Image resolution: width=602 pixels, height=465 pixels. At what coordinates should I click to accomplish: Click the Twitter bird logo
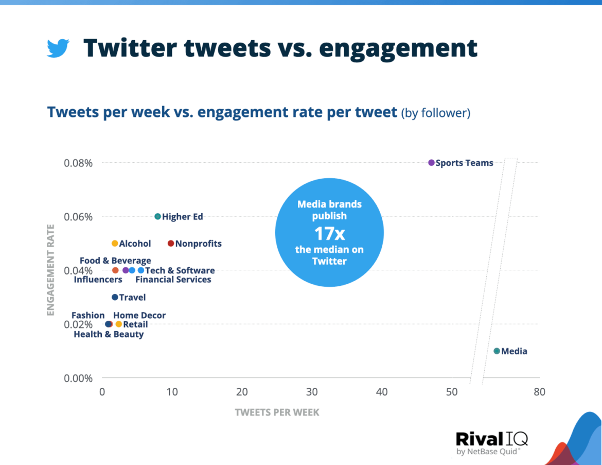[58, 48]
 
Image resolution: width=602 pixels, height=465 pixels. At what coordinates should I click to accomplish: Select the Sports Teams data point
[431, 163]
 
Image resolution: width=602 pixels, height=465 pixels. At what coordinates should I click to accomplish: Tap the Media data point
[497, 351]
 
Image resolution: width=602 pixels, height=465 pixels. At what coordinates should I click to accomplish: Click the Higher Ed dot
[157, 216]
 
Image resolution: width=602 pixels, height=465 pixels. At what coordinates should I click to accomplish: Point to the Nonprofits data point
[171, 244]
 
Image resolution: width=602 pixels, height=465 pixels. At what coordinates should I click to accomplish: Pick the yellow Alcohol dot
[115, 244]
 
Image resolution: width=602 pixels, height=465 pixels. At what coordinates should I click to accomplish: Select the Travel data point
[115, 297]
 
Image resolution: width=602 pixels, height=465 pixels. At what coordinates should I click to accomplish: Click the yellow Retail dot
[119, 324]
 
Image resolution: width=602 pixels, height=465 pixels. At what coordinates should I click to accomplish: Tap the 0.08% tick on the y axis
[78, 163]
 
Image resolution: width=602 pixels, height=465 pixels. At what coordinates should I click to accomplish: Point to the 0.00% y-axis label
[78, 378]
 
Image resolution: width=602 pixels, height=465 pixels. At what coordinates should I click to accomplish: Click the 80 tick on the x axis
[539, 392]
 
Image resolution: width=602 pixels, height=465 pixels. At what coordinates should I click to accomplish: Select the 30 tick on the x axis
[312, 392]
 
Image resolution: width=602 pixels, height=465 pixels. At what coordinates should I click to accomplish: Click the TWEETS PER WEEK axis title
[277, 412]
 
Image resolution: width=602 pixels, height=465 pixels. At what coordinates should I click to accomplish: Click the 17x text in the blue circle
[329, 233]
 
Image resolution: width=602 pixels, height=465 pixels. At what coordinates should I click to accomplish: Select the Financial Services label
[173, 280]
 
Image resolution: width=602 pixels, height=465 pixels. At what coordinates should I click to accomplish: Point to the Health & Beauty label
[109, 335]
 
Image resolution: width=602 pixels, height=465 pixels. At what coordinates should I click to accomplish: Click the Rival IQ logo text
[491, 439]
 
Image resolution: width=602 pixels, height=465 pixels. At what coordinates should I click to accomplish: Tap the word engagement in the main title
[398, 48]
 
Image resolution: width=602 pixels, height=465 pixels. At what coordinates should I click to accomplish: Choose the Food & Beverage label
[115, 261]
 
